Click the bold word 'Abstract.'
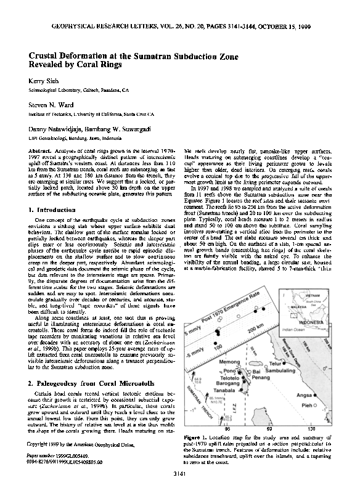[x=40, y=150]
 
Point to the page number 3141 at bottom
[x=180, y=490]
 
